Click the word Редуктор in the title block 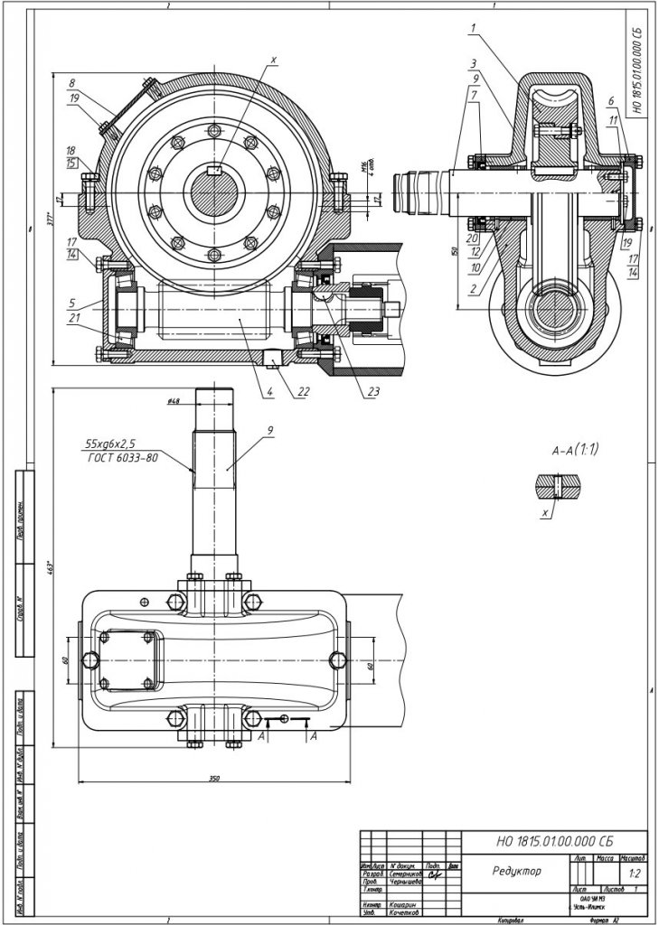517,872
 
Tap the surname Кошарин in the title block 403,904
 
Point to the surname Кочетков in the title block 404,912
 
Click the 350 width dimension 213,777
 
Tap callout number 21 71,318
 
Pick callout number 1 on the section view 473,29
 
